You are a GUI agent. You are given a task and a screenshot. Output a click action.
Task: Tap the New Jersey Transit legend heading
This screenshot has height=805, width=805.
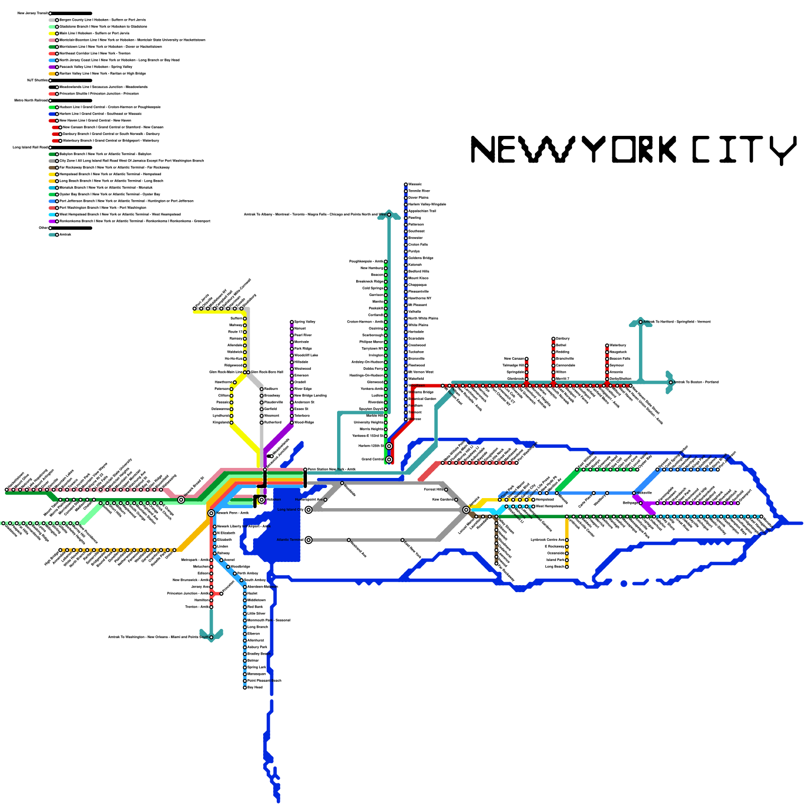point(33,13)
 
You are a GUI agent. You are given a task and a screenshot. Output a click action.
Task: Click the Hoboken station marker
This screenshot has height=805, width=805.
point(262,499)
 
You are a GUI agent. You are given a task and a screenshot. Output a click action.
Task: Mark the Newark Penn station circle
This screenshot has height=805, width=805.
point(211,513)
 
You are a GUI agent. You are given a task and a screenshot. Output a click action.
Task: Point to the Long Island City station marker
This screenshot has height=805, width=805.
point(308,510)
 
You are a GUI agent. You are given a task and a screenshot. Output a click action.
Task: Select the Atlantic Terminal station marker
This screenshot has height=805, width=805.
point(308,540)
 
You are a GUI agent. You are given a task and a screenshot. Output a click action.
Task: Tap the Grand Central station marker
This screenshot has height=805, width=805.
point(389,459)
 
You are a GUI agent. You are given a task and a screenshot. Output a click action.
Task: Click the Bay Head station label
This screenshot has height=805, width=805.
point(255,687)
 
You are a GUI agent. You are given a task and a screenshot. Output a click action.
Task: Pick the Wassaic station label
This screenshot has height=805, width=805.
point(415,184)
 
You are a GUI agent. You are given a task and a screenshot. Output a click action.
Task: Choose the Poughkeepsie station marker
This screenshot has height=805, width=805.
point(386,262)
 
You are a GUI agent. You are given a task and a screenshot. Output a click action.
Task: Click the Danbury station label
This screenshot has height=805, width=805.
point(562,339)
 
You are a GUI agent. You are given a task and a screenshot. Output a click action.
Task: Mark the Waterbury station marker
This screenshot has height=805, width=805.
point(607,345)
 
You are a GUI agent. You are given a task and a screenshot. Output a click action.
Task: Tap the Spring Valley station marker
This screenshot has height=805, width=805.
point(292,322)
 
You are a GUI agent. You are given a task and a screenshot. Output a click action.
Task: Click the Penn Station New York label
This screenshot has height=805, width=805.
point(332,469)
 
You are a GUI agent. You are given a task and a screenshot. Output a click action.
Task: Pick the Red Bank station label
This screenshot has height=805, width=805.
point(255,607)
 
